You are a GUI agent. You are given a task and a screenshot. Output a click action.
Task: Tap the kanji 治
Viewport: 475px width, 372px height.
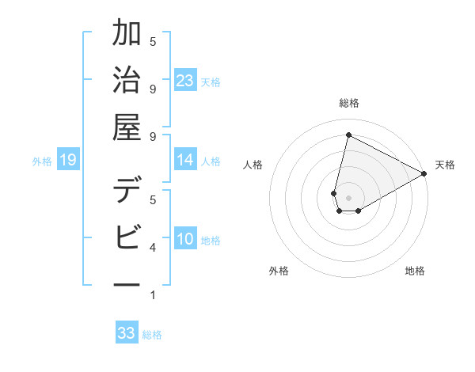tap(127, 82)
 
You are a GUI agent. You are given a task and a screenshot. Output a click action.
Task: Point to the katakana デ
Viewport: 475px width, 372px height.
tap(127, 193)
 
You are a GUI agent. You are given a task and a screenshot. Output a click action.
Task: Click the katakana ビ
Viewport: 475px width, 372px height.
tap(127, 237)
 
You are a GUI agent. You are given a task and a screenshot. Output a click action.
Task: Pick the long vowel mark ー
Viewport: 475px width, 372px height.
tap(127, 283)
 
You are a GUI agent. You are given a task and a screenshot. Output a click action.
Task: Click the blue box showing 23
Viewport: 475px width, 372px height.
tap(185, 81)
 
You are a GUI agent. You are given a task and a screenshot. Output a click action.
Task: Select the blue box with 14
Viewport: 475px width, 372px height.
tap(185, 160)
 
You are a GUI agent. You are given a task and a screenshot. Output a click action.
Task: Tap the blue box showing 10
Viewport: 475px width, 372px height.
tap(185, 239)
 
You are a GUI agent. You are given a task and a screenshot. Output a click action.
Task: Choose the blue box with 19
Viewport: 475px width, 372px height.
tap(68, 161)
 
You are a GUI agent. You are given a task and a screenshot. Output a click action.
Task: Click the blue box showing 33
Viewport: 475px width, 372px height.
tap(127, 333)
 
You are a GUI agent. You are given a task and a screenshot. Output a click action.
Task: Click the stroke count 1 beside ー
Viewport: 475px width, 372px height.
tap(153, 295)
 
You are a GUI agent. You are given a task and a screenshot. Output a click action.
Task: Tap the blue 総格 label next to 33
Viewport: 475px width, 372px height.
tap(152, 335)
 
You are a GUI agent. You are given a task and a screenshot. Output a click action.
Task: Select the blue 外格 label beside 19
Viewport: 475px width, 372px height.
tap(42, 161)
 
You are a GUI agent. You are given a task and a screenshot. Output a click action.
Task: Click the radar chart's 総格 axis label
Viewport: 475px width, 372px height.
tap(348, 103)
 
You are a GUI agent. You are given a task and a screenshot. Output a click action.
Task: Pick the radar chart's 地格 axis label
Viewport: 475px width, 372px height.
tap(415, 271)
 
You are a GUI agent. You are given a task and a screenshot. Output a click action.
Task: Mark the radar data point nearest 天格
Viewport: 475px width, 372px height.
tap(424, 174)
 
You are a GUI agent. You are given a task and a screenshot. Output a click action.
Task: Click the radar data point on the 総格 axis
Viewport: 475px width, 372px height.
tap(348, 135)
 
